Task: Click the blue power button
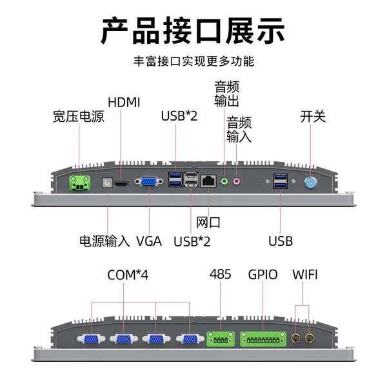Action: pyautogui.click(x=310, y=183)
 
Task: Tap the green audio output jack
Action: pyautogui.click(x=224, y=182)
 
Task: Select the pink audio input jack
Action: pyautogui.click(x=237, y=182)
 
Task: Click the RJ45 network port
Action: pyautogui.click(x=208, y=181)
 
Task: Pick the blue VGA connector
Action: pyautogui.click(x=149, y=182)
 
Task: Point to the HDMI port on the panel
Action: pyautogui.click(x=121, y=184)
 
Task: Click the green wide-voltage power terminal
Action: pyautogui.click(x=79, y=183)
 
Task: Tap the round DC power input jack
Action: pyautogui.click(x=107, y=183)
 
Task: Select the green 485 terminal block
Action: pyautogui.click(x=221, y=339)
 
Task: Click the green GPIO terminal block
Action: pyautogui.click(x=263, y=339)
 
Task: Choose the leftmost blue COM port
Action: pyautogui.click(x=91, y=339)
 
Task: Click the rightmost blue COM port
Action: pyautogui.click(x=190, y=339)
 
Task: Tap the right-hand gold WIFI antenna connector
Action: pyautogui.click(x=309, y=337)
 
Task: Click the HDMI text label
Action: pyautogui.click(x=124, y=103)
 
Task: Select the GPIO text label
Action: pyautogui.click(x=263, y=275)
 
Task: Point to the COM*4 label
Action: pyautogui.click(x=128, y=275)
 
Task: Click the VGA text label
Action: pyautogui.click(x=149, y=241)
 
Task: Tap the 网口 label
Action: pyautogui.click(x=208, y=223)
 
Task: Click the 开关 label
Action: pyautogui.click(x=313, y=117)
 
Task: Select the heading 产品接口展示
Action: pyautogui.click(x=193, y=31)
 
